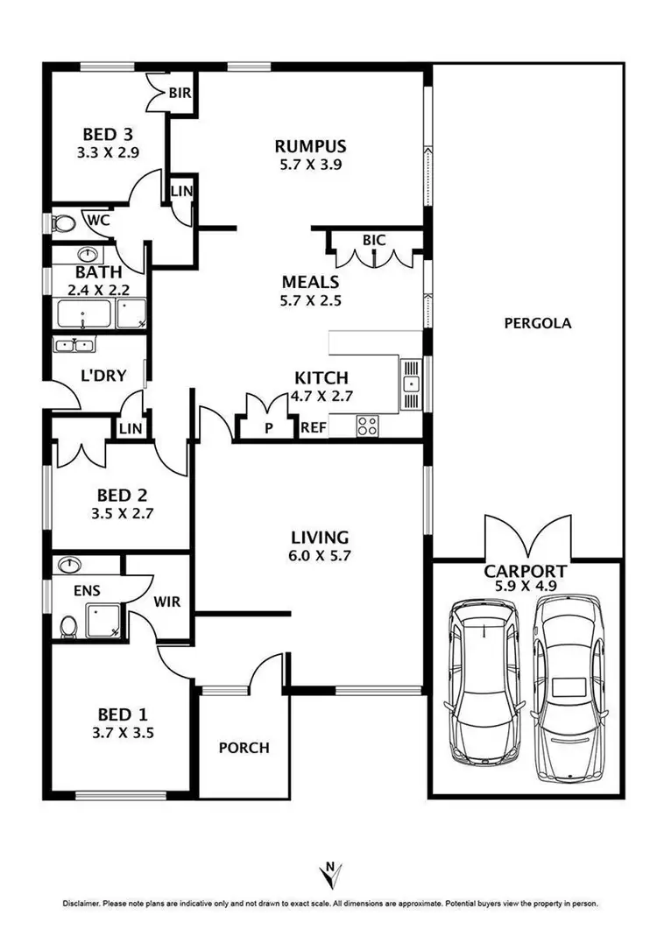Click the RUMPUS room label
pos(310,146)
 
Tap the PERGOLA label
pos(538,323)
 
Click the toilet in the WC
pos(62,224)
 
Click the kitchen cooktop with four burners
pos(368,426)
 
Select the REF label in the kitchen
pos(313,428)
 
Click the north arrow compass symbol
pos(330,873)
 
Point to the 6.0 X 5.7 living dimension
pos(320,554)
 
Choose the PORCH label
pos(244,748)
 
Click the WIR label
pos(167,602)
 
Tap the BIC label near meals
pos(374,240)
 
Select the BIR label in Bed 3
pos(180,91)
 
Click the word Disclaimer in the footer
pos(80,903)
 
